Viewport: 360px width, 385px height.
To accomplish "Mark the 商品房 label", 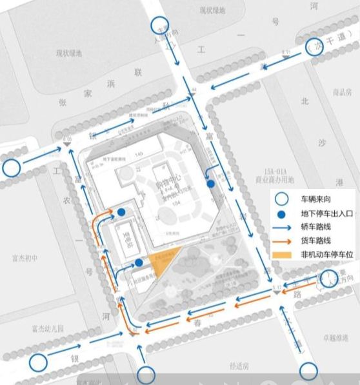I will (341, 92).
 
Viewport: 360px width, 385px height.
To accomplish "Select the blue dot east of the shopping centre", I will (210, 184).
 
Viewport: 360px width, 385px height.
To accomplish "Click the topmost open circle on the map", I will (161, 26).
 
